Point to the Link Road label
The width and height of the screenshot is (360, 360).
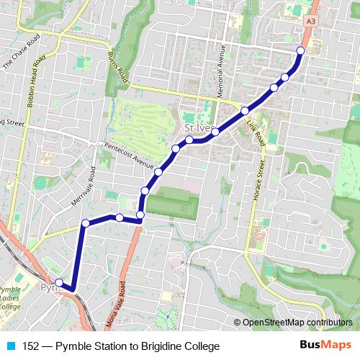[255, 132]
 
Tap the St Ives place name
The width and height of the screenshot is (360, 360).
[194, 130]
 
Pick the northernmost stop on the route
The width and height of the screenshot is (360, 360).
[301, 50]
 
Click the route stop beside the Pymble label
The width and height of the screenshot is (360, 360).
[59, 283]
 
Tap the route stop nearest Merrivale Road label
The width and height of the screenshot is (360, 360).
[86, 223]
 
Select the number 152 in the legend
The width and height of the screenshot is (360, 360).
[32, 346]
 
